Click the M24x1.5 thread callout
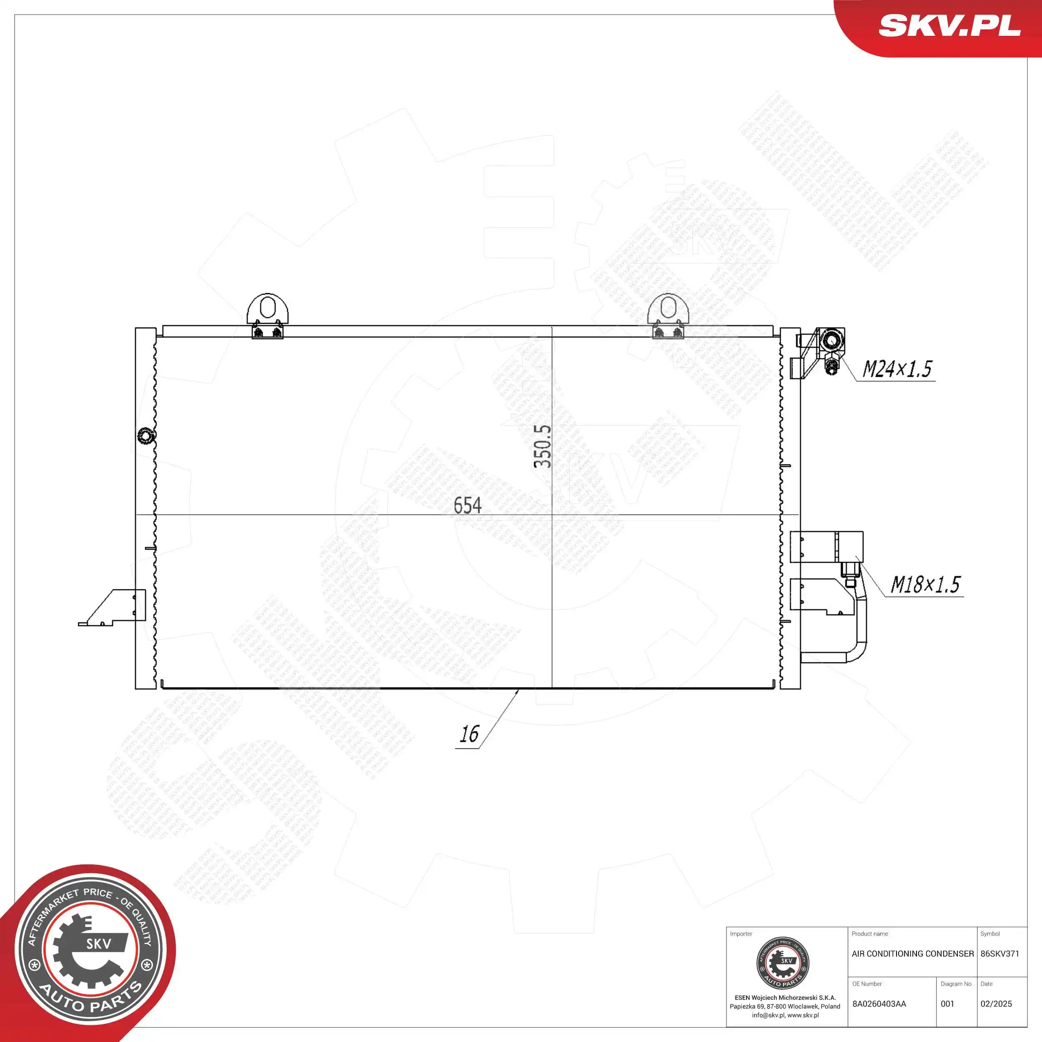[x=897, y=369]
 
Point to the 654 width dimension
[x=467, y=505]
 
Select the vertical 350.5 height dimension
[x=543, y=446]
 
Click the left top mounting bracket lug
[x=268, y=310]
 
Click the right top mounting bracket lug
[x=668, y=310]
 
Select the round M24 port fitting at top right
[x=831, y=341]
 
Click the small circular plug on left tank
[x=145, y=435]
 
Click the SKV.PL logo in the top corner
[x=949, y=25]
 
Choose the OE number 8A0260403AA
[x=879, y=1004]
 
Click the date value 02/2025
[x=996, y=1004]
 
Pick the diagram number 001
[x=947, y=1004]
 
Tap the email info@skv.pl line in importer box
[x=785, y=1015]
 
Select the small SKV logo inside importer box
[x=783, y=963]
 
